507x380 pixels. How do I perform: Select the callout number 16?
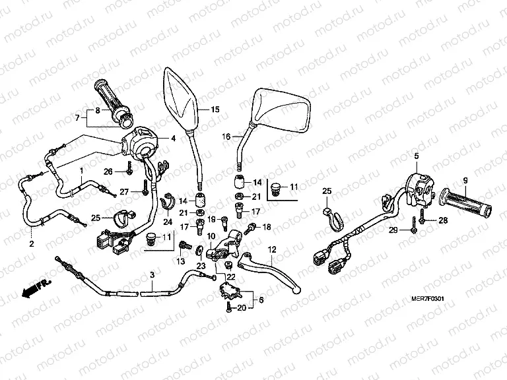[226, 137]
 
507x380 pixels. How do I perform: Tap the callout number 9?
[464, 180]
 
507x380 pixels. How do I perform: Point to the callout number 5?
[417, 156]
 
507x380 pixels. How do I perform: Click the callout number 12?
[271, 249]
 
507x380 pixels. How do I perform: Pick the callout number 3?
[152, 275]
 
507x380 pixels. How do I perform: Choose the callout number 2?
[30, 244]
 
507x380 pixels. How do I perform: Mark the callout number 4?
[173, 139]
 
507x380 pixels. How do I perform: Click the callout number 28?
[442, 220]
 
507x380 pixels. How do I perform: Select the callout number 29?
[393, 230]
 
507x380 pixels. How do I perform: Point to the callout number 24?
[167, 222]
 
